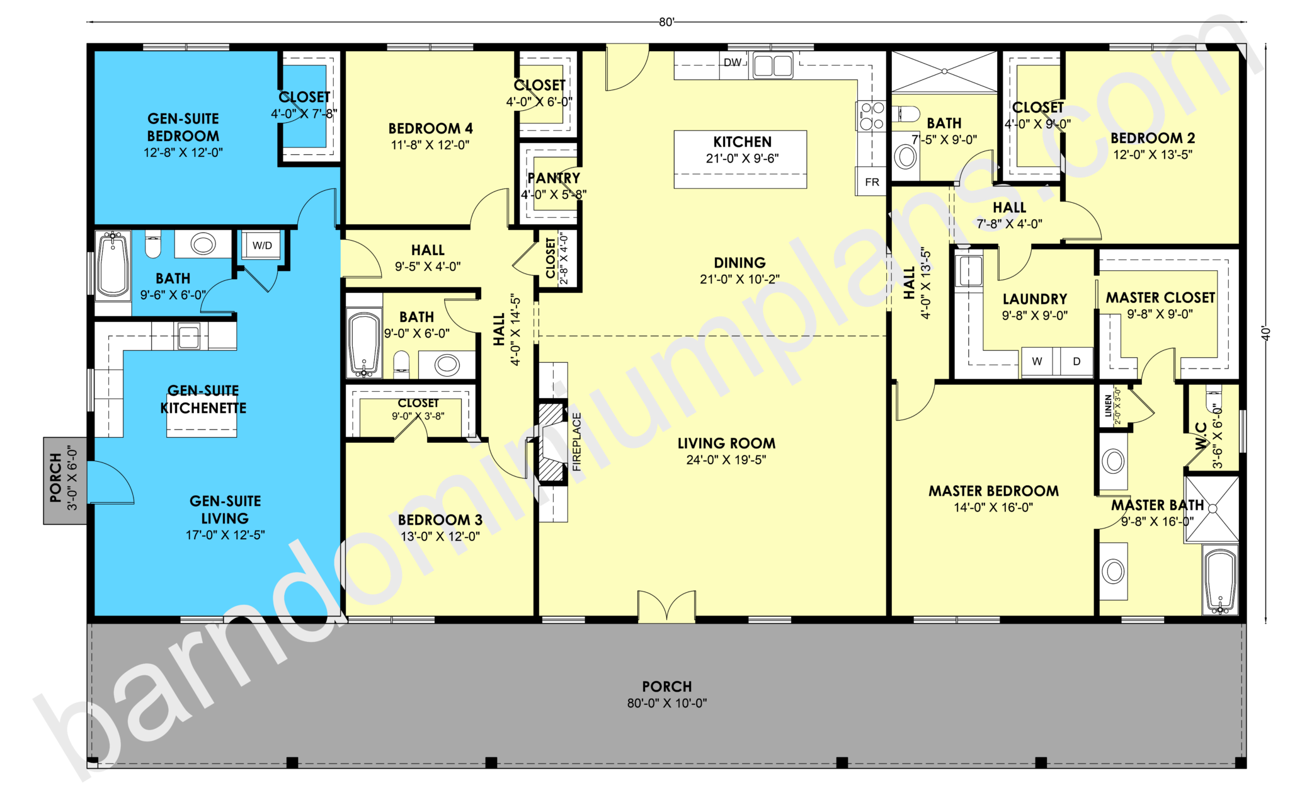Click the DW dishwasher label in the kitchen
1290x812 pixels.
[x=732, y=62]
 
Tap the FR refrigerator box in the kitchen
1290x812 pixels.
[x=871, y=181]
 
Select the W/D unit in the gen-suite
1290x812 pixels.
[x=262, y=245]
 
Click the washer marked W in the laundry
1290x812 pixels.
[x=1037, y=361]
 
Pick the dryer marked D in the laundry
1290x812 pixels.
[x=1076, y=361]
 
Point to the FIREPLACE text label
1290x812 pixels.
[x=576, y=442]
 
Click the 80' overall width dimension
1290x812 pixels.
[x=666, y=22]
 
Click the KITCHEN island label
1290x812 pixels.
[x=741, y=142]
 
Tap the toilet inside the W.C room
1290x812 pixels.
[x=1213, y=400]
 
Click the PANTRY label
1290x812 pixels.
[x=553, y=178]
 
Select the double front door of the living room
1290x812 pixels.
[x=666, y=607]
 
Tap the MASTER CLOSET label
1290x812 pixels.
[x=1160, y=298]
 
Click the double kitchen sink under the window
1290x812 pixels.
[x=773, y=66]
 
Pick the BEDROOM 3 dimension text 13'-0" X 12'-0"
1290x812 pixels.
[x=440, y=536]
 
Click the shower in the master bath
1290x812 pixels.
[x=1211, y=508]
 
